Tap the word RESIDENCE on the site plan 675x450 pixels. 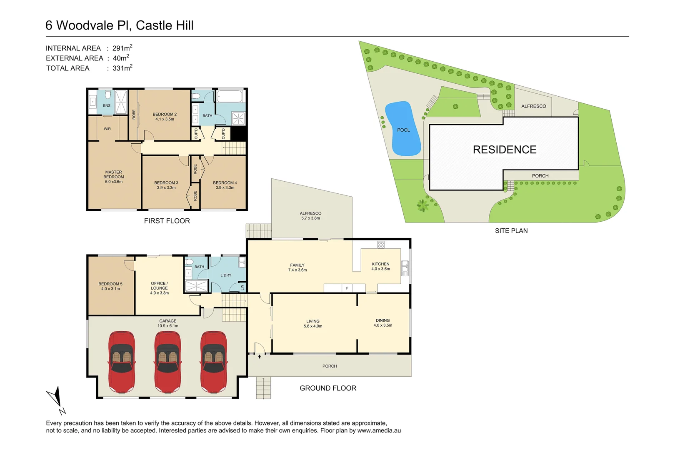505,150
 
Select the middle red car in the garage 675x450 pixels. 167,362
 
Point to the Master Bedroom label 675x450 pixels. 114,177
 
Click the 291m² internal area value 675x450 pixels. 122,48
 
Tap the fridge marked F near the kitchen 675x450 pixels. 347,288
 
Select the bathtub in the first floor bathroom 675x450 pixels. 229,97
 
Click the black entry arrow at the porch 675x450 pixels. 259,357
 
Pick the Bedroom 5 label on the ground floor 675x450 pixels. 110,286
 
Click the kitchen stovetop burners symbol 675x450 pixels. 381,245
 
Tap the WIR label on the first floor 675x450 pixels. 107,129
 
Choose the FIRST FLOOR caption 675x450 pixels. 167,221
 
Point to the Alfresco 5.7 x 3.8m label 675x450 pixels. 310,215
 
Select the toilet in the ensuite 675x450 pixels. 108,95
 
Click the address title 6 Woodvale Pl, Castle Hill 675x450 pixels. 119,25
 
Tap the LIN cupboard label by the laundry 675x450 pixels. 242,287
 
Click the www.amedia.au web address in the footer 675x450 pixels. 379,430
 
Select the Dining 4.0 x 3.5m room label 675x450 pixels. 382,323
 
